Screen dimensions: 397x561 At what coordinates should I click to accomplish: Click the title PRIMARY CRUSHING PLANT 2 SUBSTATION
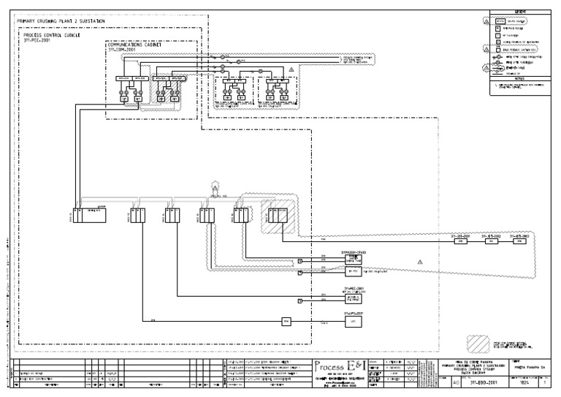[60, 21]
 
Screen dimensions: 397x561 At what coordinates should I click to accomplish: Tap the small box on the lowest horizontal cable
[286, 321]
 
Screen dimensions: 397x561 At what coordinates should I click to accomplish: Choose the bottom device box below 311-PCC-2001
[353, 322]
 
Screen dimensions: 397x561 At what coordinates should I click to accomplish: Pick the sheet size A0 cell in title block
[457, 381]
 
